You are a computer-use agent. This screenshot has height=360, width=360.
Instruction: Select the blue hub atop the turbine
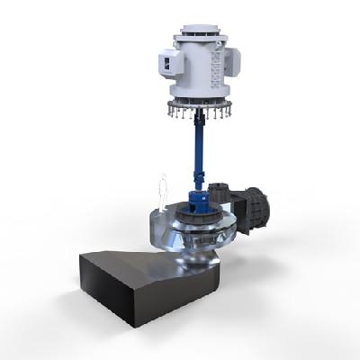197,199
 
